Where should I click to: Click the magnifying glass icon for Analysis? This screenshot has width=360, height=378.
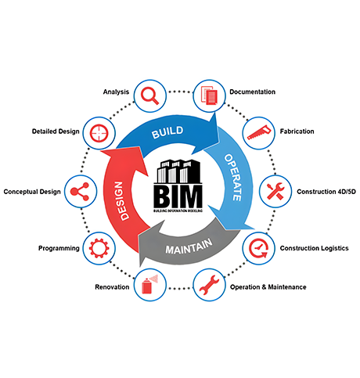(149, 95)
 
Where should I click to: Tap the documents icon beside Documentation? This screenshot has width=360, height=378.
(209, 95)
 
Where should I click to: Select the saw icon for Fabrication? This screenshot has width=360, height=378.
(259, 132)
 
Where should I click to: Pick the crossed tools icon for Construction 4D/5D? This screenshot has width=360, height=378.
(275, 191)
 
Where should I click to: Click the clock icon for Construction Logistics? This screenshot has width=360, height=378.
(258, 248)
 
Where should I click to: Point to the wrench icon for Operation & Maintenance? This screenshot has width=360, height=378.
(209, 285)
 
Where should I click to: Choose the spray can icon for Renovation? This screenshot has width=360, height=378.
(149, 284)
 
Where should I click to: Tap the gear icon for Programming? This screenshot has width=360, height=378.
(99, 248)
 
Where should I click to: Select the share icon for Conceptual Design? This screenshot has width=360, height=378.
(80, 192)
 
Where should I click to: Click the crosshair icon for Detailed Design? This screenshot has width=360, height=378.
(99, 133)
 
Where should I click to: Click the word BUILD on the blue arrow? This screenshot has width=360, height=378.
(167, 132)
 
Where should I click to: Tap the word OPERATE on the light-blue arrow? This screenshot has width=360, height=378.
(233, 178)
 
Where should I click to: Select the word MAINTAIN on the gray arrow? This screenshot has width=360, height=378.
(189, 247)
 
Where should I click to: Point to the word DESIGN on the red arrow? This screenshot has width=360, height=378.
(120, 201)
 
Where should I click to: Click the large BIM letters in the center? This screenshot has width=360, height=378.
(178, 196)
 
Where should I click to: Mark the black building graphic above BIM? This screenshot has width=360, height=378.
(178, 171)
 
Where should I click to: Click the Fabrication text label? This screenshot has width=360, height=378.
(297, 131)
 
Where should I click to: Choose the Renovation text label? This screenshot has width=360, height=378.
(112, 287)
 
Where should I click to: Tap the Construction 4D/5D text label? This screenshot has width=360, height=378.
(326, 192)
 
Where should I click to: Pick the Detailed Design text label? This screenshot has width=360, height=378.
(56, 131)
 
